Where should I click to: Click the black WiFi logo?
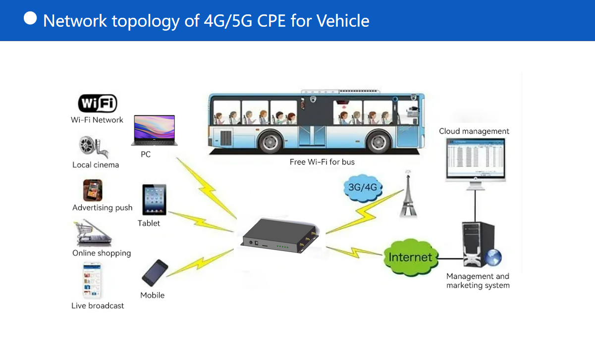tap(98, 104)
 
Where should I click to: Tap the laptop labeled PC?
tap(154, 130)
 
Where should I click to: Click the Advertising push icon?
tap(93, 191)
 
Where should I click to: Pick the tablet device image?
tap(154, 200)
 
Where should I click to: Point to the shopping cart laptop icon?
tap(93, 234)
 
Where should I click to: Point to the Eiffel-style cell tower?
tap(408, 196)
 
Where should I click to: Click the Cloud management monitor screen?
tap(475, 158)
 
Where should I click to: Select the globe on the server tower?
tap(493, 257)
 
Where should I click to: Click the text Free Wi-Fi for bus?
tap(322, 162)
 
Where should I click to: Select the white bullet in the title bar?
tap(30, 18)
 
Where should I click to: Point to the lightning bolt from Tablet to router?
tap(201, 220)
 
